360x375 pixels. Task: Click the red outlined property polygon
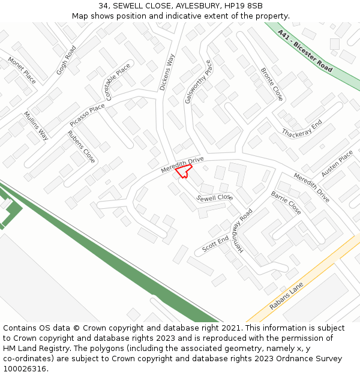click(x=184, y=172)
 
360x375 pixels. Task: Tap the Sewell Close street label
click(x=214, y=197)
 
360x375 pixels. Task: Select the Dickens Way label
click(x=167, y=73)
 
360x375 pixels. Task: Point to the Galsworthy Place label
click(x=199, y=82)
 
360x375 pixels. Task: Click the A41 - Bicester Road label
click(x=305, y=51)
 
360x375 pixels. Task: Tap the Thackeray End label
click(x=302, y=128)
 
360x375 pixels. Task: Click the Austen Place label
click(x=337, y=163)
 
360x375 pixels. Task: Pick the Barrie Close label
click(x=286, y=203)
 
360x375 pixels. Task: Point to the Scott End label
click(x=215, y=244)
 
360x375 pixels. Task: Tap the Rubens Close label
click(x=82, y=147)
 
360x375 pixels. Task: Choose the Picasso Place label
click(x=87, y=115)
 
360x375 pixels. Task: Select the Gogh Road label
click(x=67, y=60)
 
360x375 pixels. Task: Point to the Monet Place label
click(x=22, y=70)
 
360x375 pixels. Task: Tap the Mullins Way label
click(x=35, y=126)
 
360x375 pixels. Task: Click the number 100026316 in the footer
click(x=25, y=368)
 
